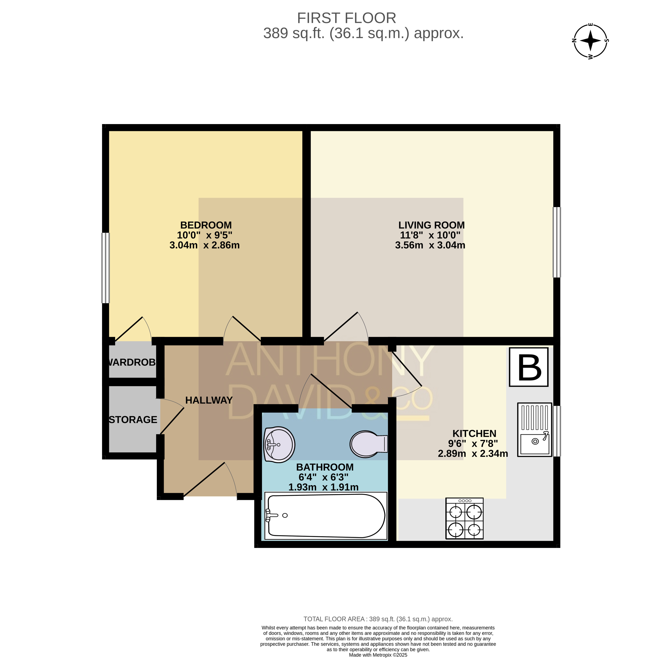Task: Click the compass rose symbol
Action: click(590, 41)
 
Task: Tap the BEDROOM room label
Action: click(206, 225)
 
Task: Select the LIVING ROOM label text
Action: click(431, 225)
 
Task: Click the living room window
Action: click(557, 242)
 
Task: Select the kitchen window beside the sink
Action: click(557, 431)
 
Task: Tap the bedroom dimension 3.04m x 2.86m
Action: click(205, 245)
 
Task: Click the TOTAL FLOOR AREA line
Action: click(378, 619)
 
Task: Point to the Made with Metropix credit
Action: click(378, 655)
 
